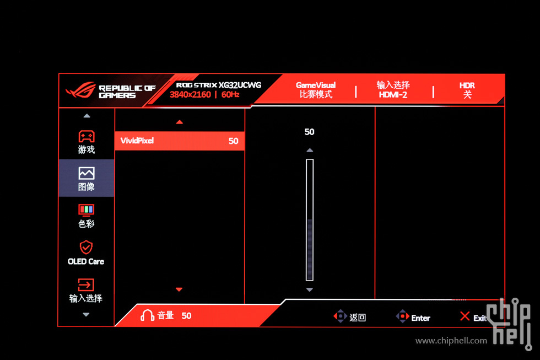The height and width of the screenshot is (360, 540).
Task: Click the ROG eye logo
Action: (80, 90)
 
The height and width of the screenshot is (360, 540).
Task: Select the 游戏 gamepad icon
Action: (87, 136)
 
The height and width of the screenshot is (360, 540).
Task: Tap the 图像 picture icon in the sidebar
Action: (87, 173)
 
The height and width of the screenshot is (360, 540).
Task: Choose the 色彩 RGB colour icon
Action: (86, 209)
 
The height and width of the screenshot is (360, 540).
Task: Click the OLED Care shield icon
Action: (86, 248)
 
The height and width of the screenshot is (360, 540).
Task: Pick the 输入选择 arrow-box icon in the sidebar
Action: (86, 285)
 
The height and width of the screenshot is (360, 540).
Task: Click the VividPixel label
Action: (137, 141)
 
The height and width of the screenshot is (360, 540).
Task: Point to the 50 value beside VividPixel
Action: (233, 141)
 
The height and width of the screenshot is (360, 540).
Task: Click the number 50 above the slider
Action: (309, 132)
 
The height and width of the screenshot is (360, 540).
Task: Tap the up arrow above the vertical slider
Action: (310, 150)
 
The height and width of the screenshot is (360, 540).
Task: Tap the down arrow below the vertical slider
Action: (310, 290)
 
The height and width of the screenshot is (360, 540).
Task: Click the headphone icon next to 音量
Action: (148, 315)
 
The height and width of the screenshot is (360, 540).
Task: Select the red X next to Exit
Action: (465, 316)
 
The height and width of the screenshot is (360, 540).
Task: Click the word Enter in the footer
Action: (420, 318)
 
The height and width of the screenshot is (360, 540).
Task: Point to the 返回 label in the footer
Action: (358, 318)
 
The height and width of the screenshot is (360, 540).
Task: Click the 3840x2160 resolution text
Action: (190, 94)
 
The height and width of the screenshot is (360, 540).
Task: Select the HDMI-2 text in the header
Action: (393, 95)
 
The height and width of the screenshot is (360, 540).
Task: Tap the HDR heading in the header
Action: (467, 85)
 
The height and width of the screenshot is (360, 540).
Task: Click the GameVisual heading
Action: (316, 85)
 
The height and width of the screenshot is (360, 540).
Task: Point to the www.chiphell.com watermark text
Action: (451, 341)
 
